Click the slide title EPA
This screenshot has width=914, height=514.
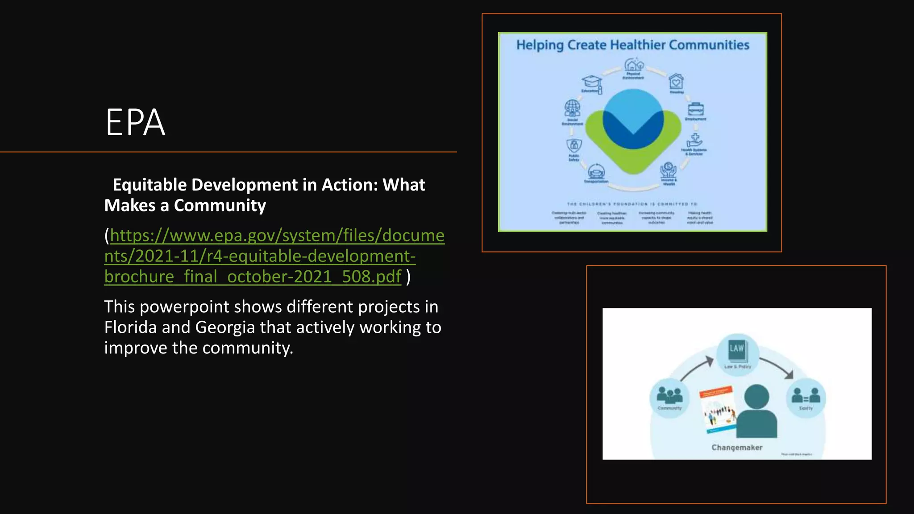coord(135,122)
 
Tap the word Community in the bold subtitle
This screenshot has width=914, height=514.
coord(220,205)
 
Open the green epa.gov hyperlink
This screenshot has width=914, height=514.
coord(274,256)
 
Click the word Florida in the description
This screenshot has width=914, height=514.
coord(130,327)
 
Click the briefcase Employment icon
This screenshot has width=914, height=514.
coord(695,109)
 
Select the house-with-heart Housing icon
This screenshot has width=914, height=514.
coord(676,82)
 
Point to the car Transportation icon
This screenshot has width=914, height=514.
coord(596,171)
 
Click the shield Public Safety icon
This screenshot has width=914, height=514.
coord(574,145)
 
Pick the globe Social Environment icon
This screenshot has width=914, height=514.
coord(572,108)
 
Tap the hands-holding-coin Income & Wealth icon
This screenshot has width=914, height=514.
coord(668,170)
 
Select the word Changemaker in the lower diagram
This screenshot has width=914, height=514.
coord(737,448)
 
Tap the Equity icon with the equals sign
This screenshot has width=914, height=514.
coord(806,395)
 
